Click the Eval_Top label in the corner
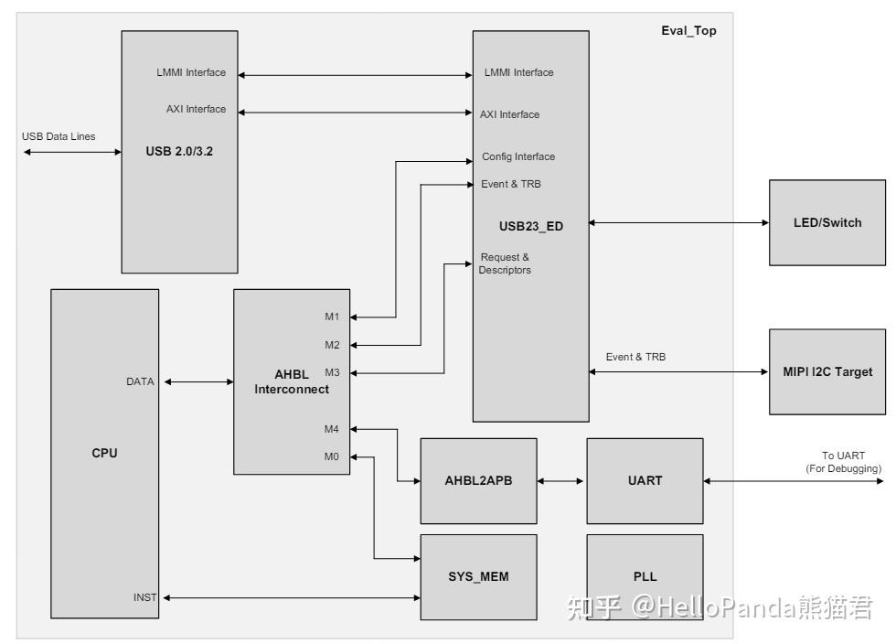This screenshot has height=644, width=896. [x=688, y=30]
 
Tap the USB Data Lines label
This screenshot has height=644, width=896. [x=59, y=136]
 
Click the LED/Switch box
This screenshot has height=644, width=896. [x=827, y=222]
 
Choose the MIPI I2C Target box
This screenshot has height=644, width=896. [x=827, y=371]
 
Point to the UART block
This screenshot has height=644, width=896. [x=645, y=479]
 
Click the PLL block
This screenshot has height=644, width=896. [x=645, y=576]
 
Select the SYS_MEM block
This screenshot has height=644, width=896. [x=478, y=576]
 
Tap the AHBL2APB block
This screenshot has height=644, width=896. [x=478, y=479]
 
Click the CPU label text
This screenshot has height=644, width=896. [x=104, y=453]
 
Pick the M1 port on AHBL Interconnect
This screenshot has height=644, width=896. [x=332, y=317]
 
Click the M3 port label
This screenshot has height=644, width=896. [x=332, y=372]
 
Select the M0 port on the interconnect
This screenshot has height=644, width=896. [x=332, y=456]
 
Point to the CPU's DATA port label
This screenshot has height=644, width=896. [x=140, y=381]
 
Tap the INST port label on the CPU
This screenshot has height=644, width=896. [x=144, y=597]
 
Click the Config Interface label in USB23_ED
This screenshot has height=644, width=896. [x=517, y=156]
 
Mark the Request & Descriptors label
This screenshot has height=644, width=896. [x=505, y=263]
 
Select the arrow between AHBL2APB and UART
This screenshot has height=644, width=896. [x=561, y=479]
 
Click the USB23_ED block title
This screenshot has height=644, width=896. [x=530, y=227]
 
